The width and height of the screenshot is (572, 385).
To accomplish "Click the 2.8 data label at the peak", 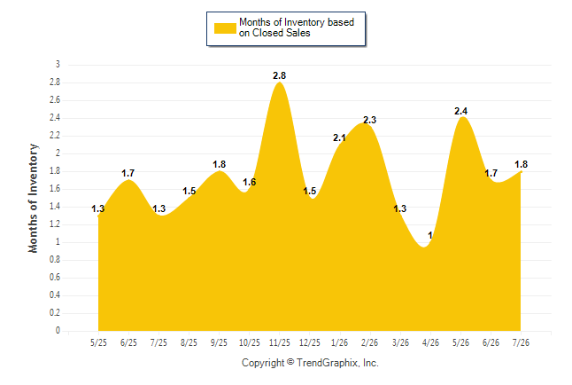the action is click(x=280, y=75).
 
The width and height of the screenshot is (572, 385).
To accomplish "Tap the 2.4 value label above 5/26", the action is click(x=460, y=111).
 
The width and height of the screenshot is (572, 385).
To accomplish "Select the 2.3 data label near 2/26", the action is click(x=369, y=120).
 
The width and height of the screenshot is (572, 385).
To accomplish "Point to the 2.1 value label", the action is click(x=339, y=137).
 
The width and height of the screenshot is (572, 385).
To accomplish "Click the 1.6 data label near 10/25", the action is click(x=250, y=182).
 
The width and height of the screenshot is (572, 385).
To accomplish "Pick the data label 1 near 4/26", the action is click(x=430, y=235).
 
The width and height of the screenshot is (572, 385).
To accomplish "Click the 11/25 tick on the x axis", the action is click(x=280, y=342).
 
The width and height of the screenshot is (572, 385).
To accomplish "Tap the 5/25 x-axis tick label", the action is click(x=98, y=342).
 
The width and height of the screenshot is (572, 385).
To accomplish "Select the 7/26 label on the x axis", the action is click(x=521, y=342).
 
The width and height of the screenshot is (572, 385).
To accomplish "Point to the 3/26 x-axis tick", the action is click(x=400, y=342).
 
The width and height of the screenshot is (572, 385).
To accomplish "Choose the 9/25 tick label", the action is click(x=219, y=342).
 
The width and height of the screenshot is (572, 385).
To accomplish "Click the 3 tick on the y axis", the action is click(x=58, y=65).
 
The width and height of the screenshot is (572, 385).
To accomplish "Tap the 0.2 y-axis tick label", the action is click(x=55, y=313).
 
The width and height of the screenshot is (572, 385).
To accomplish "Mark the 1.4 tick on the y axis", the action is click(x=55, y=207).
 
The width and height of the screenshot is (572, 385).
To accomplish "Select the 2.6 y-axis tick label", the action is click(x=55, y=100).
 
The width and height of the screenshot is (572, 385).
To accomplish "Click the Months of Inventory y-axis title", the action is click(x=33, y=198).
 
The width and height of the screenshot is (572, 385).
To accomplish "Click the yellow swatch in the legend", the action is click(x=225, y=28).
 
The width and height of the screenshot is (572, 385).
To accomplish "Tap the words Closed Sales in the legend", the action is click(x=282, y=34).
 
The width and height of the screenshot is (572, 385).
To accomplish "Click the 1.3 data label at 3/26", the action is click(x=400, y=208).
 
